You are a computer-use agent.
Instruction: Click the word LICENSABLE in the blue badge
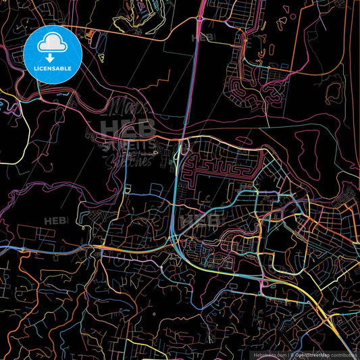pyautogui.click(x=52, y=69)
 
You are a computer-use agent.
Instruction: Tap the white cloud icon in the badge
pyautogui.click(x=52, y=43)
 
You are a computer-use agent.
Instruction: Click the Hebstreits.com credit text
pyautogui.click(x=269, y=354)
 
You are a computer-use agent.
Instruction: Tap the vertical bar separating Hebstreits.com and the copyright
pyautogui.click(x=289, y=354)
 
